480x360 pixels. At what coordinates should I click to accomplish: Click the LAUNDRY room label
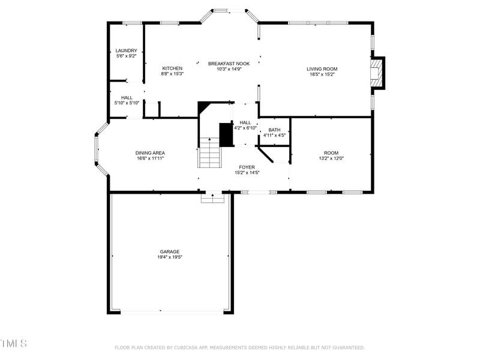pyautogui.click(x=126, y=50)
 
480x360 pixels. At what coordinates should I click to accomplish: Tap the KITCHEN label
pyautogui.click(x=172, y=68)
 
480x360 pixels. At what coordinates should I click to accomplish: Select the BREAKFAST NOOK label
pyautogui.click(x=229, y=64)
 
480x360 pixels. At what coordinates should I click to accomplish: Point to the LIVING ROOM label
pyautogui.click(x=322, y=69)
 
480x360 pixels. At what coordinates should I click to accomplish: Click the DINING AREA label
pyautogui.click(x=150, y=153)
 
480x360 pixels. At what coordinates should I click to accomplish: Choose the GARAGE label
pyautogui.click(x=169, y=251)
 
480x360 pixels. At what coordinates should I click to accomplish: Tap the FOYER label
pyautogui.click(x=247, y=167)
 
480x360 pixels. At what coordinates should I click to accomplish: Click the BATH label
pyautogui.click(x=274, y=130)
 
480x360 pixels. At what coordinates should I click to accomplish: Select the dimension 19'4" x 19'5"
pyautogui.click(x=169, y=257)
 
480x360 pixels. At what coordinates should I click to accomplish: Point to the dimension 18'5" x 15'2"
pyautogui.click(x=322, y=74)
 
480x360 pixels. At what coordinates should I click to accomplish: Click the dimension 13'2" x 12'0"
pyautogui.click(x=331, y=158)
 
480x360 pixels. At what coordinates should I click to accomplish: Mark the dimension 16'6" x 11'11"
pyautogui.click(x=150, y=158)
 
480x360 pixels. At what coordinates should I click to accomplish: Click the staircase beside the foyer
pyautogui.click(x=210, y=153)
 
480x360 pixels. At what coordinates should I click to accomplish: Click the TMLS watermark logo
pyautogui.click(x=13, y=343)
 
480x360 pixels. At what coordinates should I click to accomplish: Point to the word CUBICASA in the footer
pyautogui.click(x=187, y=347)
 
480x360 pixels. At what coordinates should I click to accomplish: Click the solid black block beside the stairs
pyautogui.click(x=226, y=134)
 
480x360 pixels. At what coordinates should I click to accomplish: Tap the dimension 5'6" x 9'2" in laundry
pyautogui.click(x=126, y=56)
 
